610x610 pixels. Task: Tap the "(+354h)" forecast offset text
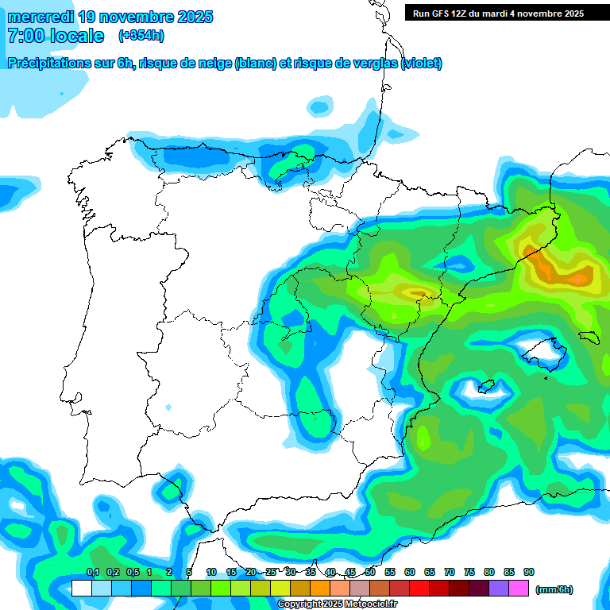141,36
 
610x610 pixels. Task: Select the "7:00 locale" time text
56,36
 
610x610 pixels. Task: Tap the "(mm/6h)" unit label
554,589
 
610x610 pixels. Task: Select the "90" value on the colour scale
529,572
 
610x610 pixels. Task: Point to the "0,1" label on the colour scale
92,572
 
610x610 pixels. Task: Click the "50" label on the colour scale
370,572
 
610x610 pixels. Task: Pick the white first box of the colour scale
81,589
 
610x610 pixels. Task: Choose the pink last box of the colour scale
519,589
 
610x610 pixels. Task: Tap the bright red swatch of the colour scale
419,589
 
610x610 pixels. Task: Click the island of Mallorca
540,349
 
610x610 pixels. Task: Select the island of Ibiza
485,387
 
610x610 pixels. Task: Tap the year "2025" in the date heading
187,17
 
